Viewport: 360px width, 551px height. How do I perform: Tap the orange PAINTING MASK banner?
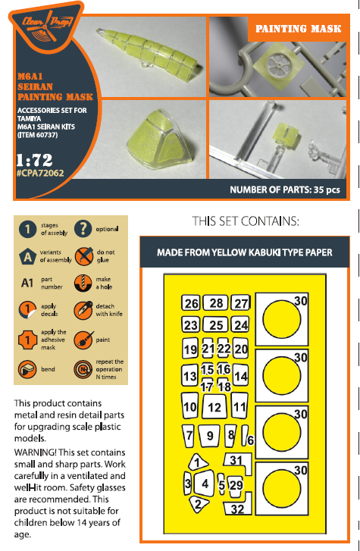point(298,29)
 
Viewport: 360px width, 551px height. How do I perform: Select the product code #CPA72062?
point(40,173)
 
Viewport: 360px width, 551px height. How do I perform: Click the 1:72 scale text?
point(34,160)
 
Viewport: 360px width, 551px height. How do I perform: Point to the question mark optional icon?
point(83,229)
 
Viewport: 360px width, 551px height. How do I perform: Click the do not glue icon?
point(83,256)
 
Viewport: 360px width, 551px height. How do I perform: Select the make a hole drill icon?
point(83,283)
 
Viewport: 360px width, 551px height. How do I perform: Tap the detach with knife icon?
point(83,310)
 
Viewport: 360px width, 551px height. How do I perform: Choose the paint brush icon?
point(83,340)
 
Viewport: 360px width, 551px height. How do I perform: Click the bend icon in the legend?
point(27,369)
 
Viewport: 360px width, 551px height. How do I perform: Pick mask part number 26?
point(191,303)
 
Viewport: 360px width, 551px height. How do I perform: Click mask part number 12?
point(214,406)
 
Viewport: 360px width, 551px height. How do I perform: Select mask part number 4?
point(205,484)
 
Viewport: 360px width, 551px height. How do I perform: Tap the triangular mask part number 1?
point(197,462)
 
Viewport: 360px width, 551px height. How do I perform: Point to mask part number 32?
point(238,505)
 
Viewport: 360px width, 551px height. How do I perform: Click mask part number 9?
point(209,436)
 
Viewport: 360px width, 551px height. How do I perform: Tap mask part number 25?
point(216,324)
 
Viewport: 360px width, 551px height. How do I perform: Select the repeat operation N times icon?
point(83,369)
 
